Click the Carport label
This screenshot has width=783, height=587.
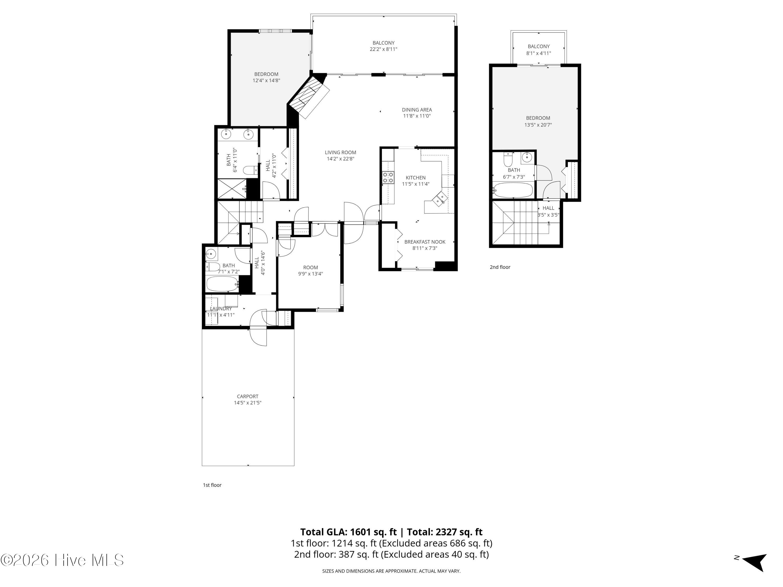[247, 396]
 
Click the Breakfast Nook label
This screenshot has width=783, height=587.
[425, 242]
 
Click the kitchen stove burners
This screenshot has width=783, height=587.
[388, 177]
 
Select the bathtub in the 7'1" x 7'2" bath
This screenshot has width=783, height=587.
[223, 284]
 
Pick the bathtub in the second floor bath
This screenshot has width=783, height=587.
[513, 190]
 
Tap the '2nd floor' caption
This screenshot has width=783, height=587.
[500, 267]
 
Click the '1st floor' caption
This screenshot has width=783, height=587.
[212, 485]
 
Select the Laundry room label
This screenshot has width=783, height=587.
[221, 309]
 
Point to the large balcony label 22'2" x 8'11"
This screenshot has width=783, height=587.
[383, 46]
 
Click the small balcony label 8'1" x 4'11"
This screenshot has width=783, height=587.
[539, 50]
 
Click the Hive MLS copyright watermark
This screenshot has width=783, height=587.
[62, 560]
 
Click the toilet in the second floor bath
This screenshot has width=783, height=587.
[508, 160]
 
